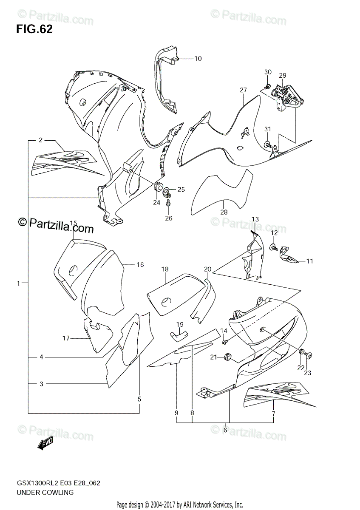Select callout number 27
243,90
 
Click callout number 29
283,75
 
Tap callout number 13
255,219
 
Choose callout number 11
309,261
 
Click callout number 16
140,265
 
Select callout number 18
165,269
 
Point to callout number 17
66,338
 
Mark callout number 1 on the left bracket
18,283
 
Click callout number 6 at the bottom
225,430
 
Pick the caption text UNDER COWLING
45,493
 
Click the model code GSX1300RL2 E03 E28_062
59,483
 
